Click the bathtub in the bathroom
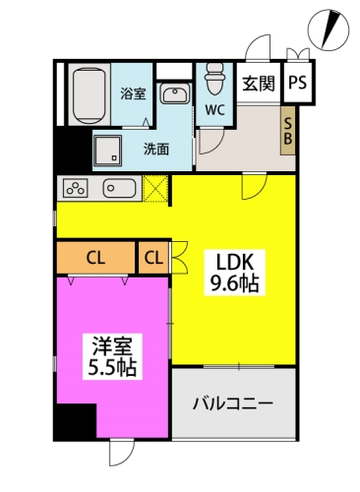(90, 94)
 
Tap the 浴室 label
(133, 93)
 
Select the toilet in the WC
(214, 78)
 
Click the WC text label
(215, 110)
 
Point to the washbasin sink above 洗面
(175, 93)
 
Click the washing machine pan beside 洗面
(107, 151)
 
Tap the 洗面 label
(156, 150)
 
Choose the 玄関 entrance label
(259, 84)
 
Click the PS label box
(298, 83)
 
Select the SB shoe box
(287, 131)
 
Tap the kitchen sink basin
(119, 188)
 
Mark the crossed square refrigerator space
(156, 188)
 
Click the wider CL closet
(95, 258)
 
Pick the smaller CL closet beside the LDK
(153, 258)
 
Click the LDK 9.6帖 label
(235, 272)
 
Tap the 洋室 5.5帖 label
(112, 356)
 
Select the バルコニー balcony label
(233, 403)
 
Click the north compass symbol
(329, 31)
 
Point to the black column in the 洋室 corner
(76, 422)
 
